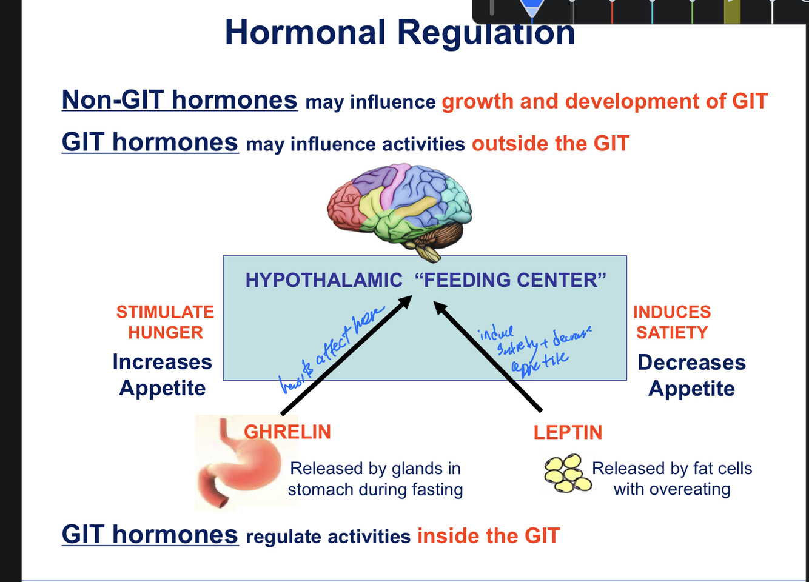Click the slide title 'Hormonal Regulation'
[x=400, y=33]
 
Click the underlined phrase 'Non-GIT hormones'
[x=180, y=100]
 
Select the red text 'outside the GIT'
[x=550, y=144]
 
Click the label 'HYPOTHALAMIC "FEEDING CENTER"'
[x=425, y=280]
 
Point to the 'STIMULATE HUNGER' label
[x=165, y=322]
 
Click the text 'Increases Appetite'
[x=163, y=375]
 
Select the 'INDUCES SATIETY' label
[x=672, y=322]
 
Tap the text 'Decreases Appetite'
[x=691, y=375]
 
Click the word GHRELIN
[x=287, y=432]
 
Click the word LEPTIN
[x=568, y=432]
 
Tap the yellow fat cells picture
[x=567, y=473]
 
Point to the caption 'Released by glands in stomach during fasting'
[x=375, y=479]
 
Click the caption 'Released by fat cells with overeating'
[x=672, y=478]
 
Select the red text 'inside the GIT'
[x=488, y=536]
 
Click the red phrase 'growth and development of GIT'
[x=605, y=101]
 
